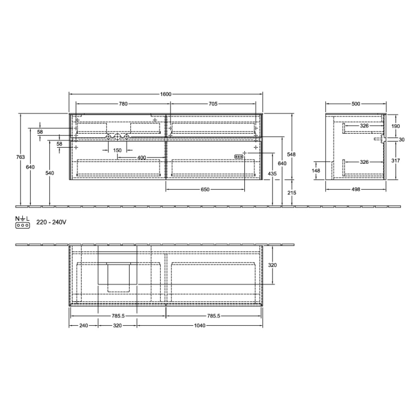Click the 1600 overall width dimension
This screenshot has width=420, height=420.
pyautogui.click(x=166, y=94)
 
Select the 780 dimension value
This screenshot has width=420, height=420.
pyautogui.click(x=123, y=104)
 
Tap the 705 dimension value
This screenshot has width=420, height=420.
pyautogui.click(x=213, y=104)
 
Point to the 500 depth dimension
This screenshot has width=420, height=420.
pyautogui.click(x=356, y=104)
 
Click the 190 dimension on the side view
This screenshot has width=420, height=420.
pyautogui.click(x=395, y=127)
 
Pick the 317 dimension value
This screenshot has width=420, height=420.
pyautogui.click(x=395, y=160)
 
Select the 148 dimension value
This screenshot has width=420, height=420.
pyautogui.click(x=316, y=170)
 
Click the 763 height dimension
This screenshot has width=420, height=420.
pyautogui.click(x=20, y=157)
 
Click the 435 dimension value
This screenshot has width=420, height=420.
pyautogui.click(x=272, y=173)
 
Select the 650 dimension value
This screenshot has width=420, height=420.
pyautogui.click(x=205, y=190)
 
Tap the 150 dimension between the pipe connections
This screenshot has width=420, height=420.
pyautogui.click(x=118, y=150)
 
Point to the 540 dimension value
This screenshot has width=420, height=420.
pyautogui.click(x=50, y=173)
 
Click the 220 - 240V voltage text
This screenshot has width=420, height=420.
pyautogui.click(x=51, y=222)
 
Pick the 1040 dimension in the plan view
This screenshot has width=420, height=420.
pyautogui.click(x=200, y=326)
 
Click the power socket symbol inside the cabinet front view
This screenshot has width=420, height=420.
pyautogui.click(x=239, y=157)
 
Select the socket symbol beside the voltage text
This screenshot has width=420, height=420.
pyautogui.click(x=22, y=225)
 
